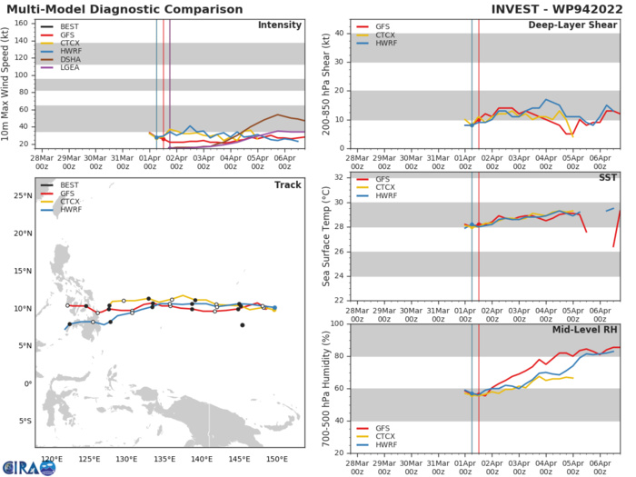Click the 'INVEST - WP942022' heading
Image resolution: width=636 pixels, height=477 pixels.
point(561,8)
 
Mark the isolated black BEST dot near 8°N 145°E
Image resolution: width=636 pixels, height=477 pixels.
point(243,325)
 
